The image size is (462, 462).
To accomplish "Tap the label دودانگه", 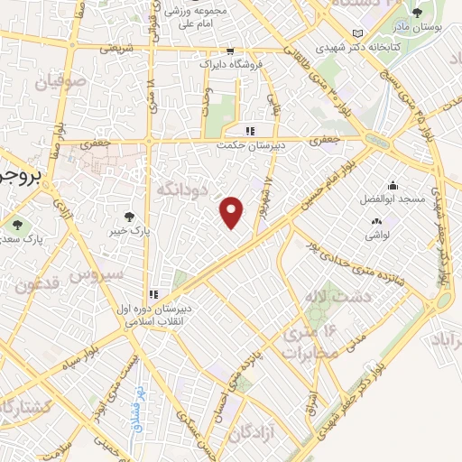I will click(x=183, y=189).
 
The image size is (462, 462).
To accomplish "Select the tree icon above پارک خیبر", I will click(x=130, y=217).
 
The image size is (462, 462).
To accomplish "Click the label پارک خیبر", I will click(x=130, y=231).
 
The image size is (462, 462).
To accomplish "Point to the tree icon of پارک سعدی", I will click(x=17, y=225).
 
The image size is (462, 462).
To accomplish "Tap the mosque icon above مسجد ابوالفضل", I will click(x=395, y=183).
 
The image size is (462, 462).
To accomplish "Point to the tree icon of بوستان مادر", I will click(x=416, y=13).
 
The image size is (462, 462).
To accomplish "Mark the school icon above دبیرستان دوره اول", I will click(x=154, y=294).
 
